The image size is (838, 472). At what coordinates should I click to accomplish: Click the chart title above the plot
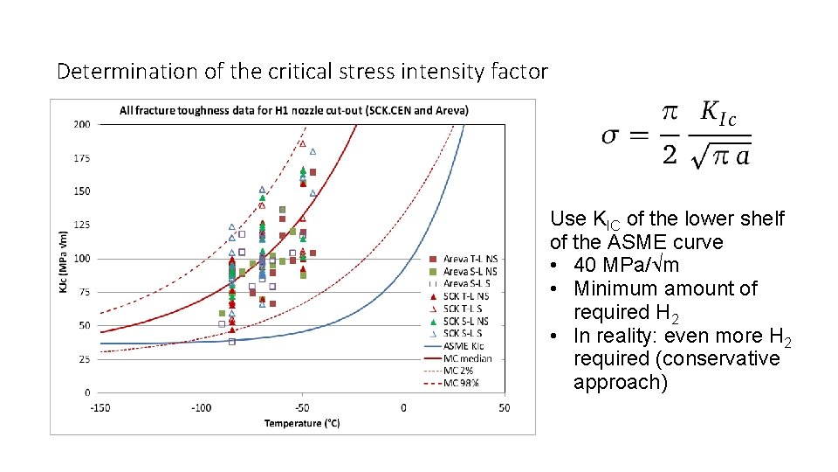(x=294, y=110)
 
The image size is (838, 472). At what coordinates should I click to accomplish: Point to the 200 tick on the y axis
(x=81, y=124)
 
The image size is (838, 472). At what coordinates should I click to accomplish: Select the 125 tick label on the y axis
(x=81, y=225)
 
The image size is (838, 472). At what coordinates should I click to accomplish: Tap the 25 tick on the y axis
(x=84, y=359)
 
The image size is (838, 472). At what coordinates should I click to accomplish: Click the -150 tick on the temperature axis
(x=101, y=408)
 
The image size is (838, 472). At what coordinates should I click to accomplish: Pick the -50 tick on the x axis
(x=302, y=408)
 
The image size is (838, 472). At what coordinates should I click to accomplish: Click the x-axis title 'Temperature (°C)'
(x=302, y=424)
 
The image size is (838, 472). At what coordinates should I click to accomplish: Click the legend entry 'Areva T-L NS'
(x=471, y=259)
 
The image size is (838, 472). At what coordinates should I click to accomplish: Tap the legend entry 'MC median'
(x=467, y=358)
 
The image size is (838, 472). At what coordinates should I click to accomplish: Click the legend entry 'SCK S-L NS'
(x=466, y=322)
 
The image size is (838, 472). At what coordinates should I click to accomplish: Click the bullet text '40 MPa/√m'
(x=627, y=265)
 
